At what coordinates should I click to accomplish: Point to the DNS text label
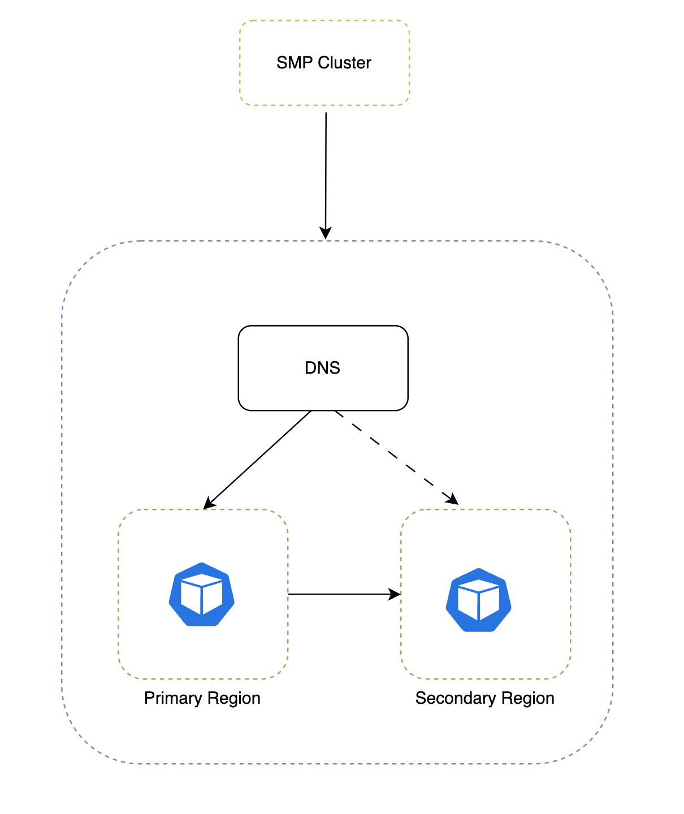click(322, 368)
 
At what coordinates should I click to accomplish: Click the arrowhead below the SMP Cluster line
click(326, 233)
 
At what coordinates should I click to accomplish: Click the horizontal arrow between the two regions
click(339, 594)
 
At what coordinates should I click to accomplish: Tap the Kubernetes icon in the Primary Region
click(202, 594)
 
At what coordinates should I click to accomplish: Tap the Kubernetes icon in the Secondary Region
click(479, 600)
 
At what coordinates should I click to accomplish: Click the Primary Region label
click(202, 698)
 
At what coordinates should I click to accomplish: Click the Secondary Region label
click(484, 698)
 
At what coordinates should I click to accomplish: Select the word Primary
click(172, 698)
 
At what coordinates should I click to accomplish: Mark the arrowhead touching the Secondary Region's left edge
click(395, 594)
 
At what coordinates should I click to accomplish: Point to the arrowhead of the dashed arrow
click(452, 499)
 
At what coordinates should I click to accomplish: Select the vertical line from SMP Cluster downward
click(326, 170)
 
